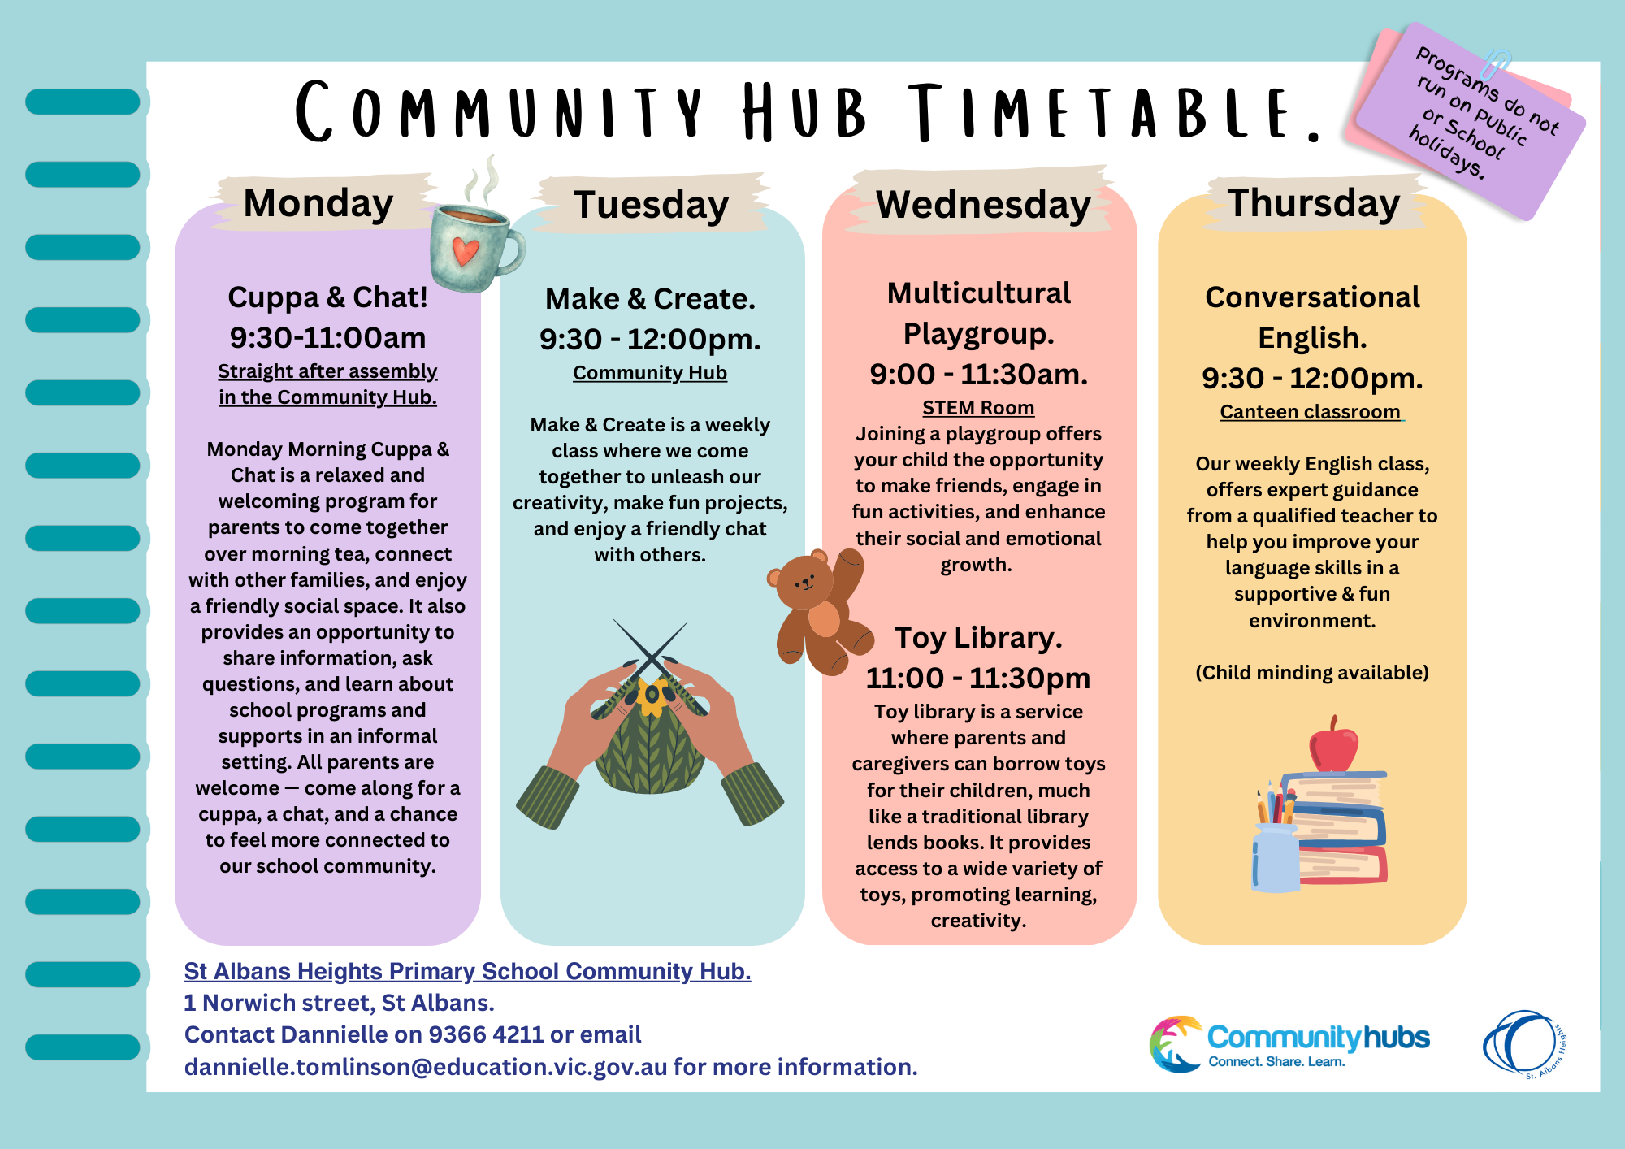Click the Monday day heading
[318, 203]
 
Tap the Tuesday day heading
[651, 205]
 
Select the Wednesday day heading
[983, 204]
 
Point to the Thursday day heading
[1314, 203]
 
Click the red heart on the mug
[466, 250]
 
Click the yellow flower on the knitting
[652, 696]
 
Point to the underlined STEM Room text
[978, 408]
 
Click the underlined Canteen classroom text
[1311, 412]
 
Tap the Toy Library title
[978, 638]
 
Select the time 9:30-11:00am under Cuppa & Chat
[327, 338]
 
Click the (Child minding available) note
[1312, 673]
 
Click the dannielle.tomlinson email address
[426, 1067]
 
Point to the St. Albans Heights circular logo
[1523, 1044]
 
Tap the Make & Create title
[650, 299]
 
